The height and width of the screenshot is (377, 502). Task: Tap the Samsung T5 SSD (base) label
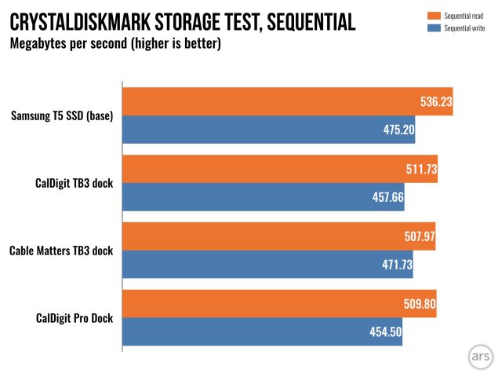[x=62, y=116]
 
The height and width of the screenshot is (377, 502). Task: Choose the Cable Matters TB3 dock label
[x=61, y=251]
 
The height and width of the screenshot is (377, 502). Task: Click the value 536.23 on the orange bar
[x=434, y=101]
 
